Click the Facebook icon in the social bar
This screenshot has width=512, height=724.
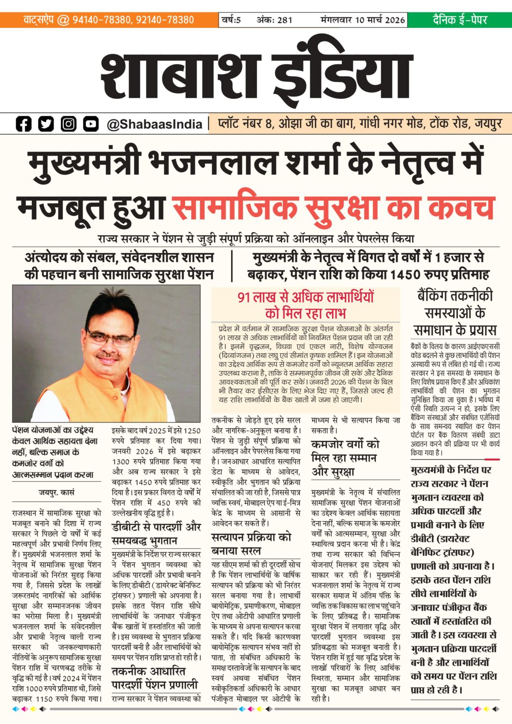(x=23, y=124)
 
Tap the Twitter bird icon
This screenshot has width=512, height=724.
(x=46, y=124)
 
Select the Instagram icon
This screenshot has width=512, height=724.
(x=69, y=124)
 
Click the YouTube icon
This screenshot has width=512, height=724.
(x=91, y=124)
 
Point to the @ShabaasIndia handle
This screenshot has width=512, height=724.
(x=154, y=124)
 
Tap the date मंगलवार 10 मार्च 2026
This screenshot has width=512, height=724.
(x=363, y=20)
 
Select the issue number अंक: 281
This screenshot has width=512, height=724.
(x=274, y=20)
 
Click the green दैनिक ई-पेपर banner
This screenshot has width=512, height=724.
(x=459, y=20)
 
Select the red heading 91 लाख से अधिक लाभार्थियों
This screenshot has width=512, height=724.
(x=305, y=297)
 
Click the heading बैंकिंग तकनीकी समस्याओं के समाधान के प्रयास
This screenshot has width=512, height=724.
(x=455, y=313)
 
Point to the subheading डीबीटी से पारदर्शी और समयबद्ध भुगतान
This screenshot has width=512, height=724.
(x=156, y=533)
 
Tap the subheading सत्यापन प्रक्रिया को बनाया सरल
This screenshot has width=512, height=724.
(x=251, y=544)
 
